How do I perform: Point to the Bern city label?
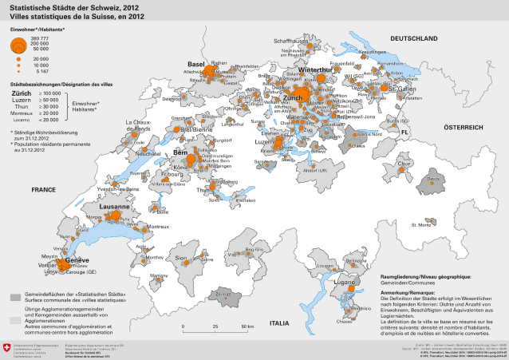coord(180,152)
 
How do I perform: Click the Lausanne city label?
coord(115,206)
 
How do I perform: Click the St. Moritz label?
coord(420,225)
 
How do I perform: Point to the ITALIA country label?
coord(280,322)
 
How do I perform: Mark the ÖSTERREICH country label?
coord(464,127)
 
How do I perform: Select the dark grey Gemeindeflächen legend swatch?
coord(14,296)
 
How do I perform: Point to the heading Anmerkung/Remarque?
coord(406,293)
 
